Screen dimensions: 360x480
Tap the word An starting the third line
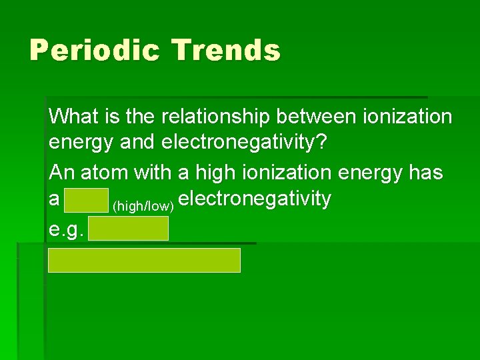point(61,173)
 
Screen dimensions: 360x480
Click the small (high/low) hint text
point(143,205)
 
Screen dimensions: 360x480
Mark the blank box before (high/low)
point(87,200)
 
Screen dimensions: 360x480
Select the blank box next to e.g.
point(128,229)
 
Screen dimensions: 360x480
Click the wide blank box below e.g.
point(144,260)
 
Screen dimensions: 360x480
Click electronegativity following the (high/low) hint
point(255,199)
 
